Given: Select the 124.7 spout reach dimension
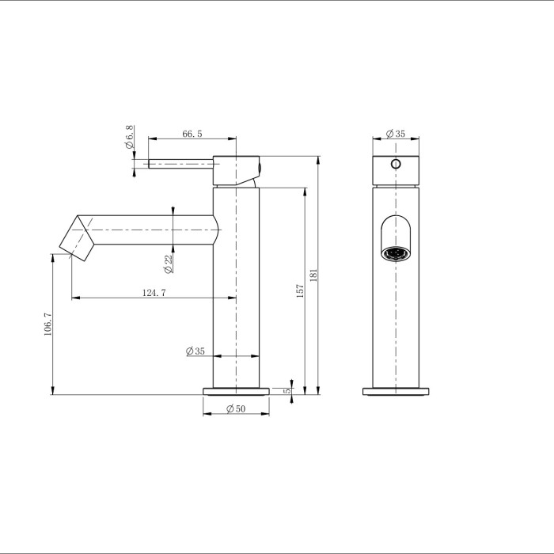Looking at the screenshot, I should tap(154, 293).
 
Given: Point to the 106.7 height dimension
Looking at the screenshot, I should tap(47, 325).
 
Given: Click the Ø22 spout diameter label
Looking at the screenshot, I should tap(169, 264).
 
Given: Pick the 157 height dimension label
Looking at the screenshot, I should tap(299, 290).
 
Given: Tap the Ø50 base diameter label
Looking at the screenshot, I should tap(235, 409).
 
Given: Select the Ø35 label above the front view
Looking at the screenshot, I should tap(395, 135).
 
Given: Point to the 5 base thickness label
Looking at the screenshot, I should tap(289, 389).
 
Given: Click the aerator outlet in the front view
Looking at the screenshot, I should tap(395, 254).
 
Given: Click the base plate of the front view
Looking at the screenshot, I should tap(397, 392).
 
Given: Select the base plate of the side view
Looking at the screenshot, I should tap(236, 390).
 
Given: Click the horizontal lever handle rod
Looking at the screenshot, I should tap(180, 164).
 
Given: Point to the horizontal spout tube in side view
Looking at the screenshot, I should tap(150, 230).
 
